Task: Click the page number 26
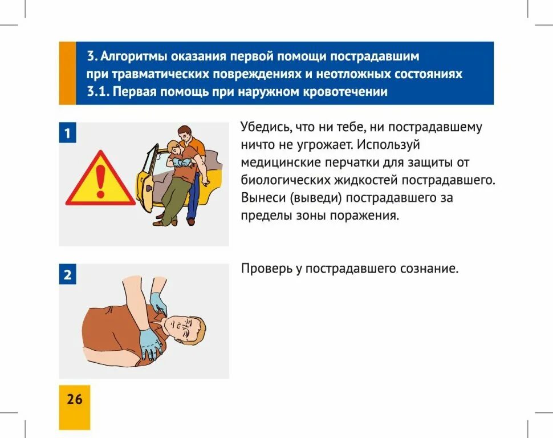(74, 399)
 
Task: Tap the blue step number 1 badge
(67, 133)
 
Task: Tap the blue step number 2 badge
(67, 275)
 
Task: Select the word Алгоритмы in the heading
(135, 57)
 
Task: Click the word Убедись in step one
(265, 127)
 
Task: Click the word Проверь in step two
(266, 269)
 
